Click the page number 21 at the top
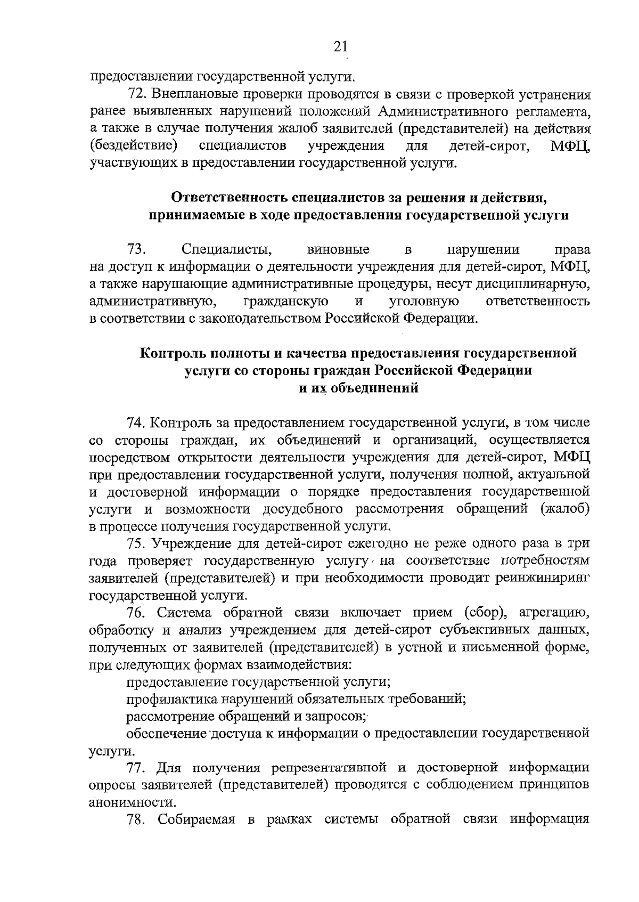pos(340,47)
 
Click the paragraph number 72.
pos(137,95)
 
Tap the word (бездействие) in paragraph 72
pos(133,146)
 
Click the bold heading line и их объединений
pos(358,388)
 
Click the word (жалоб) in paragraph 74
pos(564,509)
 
